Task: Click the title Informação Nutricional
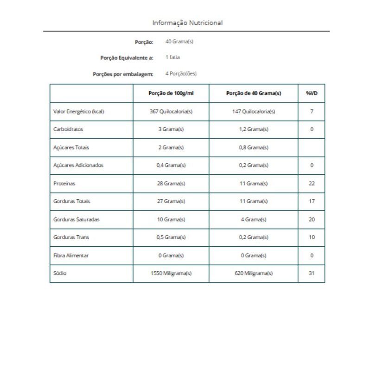pyautogui.click(x=187, y=22)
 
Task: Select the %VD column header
pyautogui.click(x=312, y=93)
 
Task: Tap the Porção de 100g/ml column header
pyautogui.click(x=171, y=93)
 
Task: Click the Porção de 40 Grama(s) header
pyautogui.click(x=253, y=93)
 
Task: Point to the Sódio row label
pyautogui.click(x=60, y=273)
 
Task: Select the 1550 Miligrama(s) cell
pyautogui.click(x=171, y=273)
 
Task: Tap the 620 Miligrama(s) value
pyautogui.click(x=253, y=273)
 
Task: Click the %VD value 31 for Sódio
pyautogui.click(x=312, y=273)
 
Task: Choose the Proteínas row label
pyautogui.click(x=64, y=183)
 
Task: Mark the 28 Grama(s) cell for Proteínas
pyautogui.click(x=171, y=183)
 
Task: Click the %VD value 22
pyautogui.click(x=312, y=183)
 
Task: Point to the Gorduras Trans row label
pyautogui.click(x=71, y=237)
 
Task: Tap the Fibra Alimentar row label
pyautogui.click(x=71, y=255)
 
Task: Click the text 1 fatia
pyautogui.click(x=173, y=58)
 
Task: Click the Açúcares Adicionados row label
pyautogui.click(x=78, y=165)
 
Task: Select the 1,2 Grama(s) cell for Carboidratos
pyautogui.click(x=253, y=129)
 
